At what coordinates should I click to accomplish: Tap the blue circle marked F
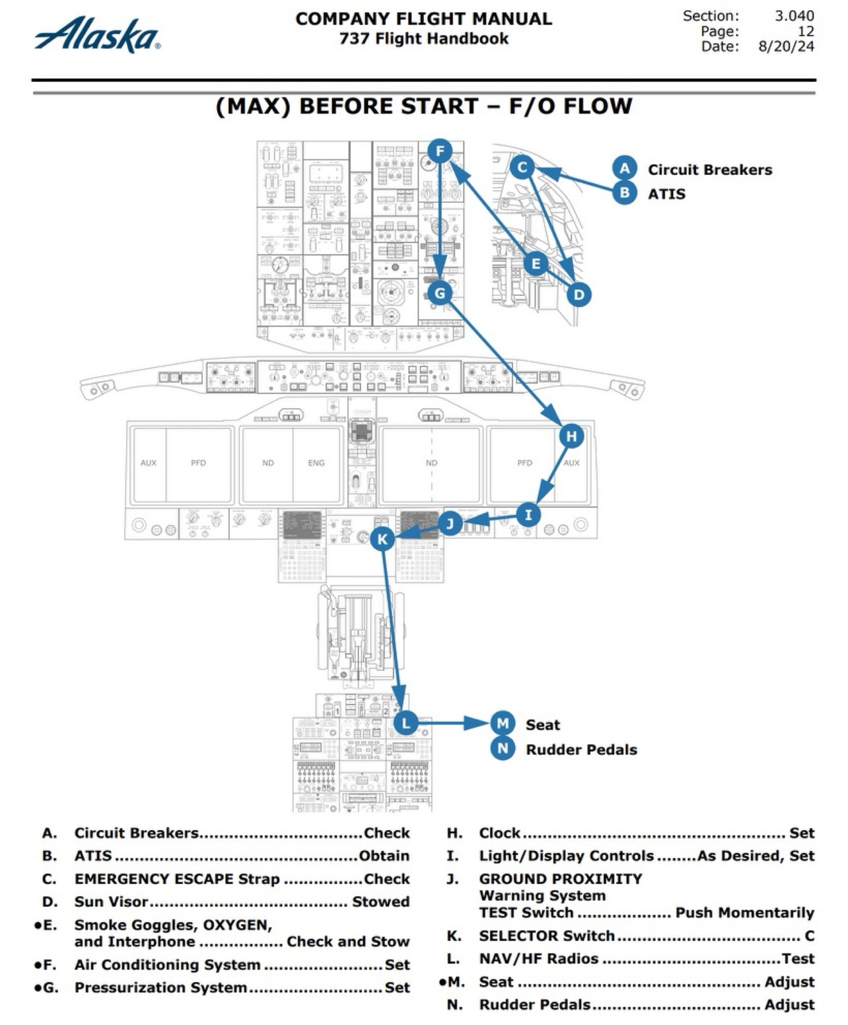click(440, 152)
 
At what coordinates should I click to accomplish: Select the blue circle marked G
click(440, 293)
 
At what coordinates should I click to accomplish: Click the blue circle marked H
click(571, 436)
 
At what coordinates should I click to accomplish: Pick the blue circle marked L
click(406, 723)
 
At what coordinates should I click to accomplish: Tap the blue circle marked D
click(578, 294)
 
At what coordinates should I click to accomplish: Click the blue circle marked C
click(522, 167)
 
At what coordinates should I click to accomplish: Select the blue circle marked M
click(502, 723)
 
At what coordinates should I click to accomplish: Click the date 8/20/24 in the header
click(786, 46)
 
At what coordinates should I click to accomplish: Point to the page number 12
click(805, 31)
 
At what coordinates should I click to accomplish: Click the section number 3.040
click(793, 16)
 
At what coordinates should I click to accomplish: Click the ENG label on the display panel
click(316, 463)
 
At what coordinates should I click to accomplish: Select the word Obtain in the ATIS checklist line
click(384, 856)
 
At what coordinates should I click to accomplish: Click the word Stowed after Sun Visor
click(381, 902)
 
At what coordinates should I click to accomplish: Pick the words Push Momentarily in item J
click(744, 913)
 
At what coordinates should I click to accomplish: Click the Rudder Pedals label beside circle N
click(581, 749)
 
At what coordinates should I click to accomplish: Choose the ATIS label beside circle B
click(666, 194)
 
